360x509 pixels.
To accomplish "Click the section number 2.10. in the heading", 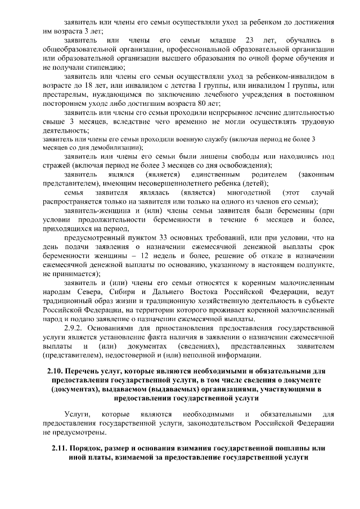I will tap(53, 372).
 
